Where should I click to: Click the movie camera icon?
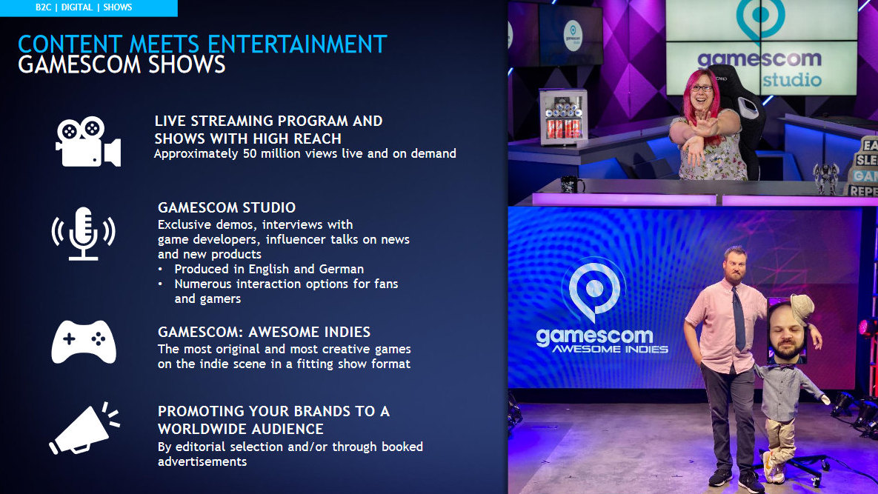[x=88, y=141]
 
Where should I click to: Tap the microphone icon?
[x=84, y=233]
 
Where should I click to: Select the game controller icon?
[x=84, y=342]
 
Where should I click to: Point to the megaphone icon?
[x=84, y=428]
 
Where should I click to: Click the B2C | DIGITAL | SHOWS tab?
[x=84, y=8]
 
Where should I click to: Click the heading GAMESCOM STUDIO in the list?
[x=227, y=207]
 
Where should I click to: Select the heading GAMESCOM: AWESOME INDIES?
[x=264, y=332]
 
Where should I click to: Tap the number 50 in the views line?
[x=250, y=153]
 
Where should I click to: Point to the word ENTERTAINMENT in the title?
[x=297, y=44]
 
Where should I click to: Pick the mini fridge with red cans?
[x=563, y=118]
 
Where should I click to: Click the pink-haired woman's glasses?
[x=701, y=88]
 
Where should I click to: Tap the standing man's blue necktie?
[x=739, y=319]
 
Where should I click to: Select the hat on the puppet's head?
[x=801, y=308]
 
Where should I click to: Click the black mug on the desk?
[x=571, y=184]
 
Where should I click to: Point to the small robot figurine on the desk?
[x=826, y=178]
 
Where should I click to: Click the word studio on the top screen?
[x=792, y=79]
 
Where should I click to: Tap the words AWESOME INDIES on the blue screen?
[x=611, y=349]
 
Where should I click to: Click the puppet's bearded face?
[x=786, y=332]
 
